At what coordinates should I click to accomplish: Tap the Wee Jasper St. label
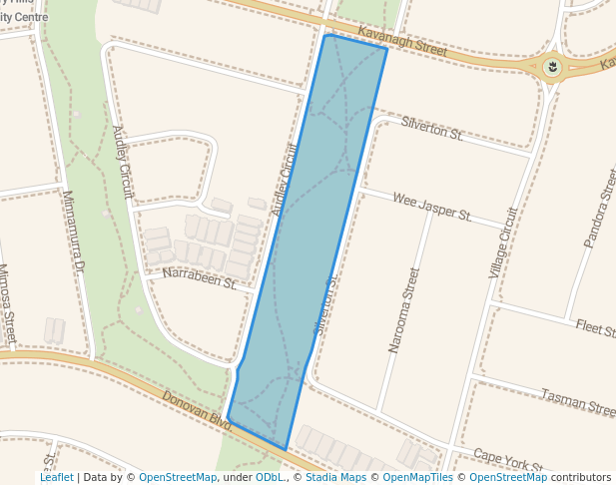click(431, 208)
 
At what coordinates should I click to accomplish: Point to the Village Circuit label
click(503, 242)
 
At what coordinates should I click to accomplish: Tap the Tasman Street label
click(578, 402)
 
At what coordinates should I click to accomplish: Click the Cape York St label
click(508, 460)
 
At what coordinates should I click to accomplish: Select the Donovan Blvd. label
click(197, 410)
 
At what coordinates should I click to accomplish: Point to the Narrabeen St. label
click(199, 277)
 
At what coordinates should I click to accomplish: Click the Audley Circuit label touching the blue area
click(285, 181)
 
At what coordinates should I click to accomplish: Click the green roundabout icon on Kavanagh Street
click(551, 68)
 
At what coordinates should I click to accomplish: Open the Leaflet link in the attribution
click(56, 478)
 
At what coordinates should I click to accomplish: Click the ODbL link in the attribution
click(270, 478)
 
